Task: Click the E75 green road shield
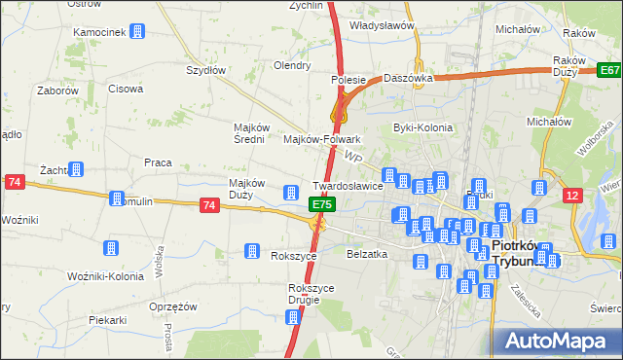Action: coord(323,204)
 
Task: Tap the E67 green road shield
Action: coord(609,70)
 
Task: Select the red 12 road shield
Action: coord(574,196)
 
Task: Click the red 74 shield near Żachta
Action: coord(15,182)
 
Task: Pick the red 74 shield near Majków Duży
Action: coord(209,205)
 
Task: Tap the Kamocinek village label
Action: coord(99,32)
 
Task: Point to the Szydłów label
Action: coord(206,70)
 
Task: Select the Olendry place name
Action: coord(292,66)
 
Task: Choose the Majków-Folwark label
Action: coord(322,139)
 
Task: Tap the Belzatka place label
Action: coord(367,253)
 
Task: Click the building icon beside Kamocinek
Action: coord(137,32)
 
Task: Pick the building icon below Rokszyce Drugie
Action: coord(293,316)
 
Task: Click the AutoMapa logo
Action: coord(558,341)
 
